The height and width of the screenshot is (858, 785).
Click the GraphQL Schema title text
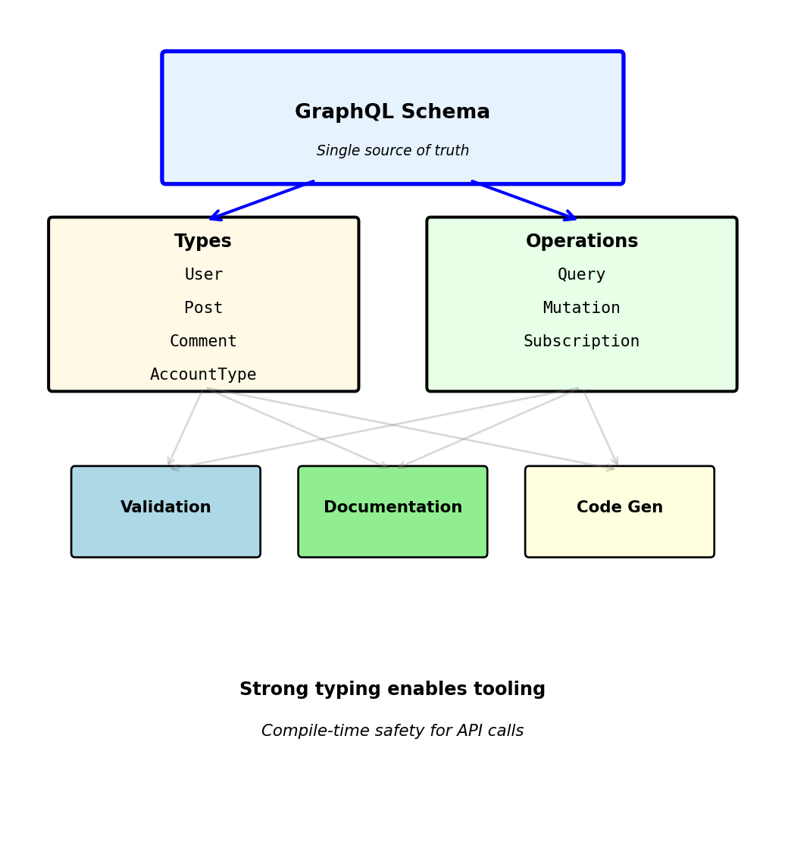pyautogui.click(x=392, y=112)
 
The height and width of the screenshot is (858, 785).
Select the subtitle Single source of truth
pyautogui.click(x=392, y=151)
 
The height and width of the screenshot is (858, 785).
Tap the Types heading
pyautogui.click(x=203, y=242)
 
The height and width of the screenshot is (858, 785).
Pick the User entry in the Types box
pyautogui.click(x=203, y=275)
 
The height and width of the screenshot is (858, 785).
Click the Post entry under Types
pyautogui.click(x=203, y=308)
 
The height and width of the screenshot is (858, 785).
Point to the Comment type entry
pyautogui.click(x=203, y=342)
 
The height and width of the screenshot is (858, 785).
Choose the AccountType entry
pyautogui.click(x=203, y=375)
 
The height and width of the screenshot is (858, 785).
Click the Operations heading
pyautogui.click(x=582, y=242)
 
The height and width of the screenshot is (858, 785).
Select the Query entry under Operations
pyautogui.click(x=582, y=275)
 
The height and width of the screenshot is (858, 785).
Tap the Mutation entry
pyautogui.click(x=582, y=308)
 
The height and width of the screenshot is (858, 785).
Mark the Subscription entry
pyautogui.click(x=582, y=342)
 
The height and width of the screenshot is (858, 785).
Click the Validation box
pyautogui.click(x=166, y=512)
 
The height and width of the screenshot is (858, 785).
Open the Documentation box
pyautogui.click(x=392, y=512)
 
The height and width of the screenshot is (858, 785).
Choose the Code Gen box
pyautogui.click(x=620, y=512)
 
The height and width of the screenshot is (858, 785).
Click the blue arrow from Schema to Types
pyautogui.click(x=261, y=201)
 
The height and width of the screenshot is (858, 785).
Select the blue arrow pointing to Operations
pyautogui.click(x=524, y=201)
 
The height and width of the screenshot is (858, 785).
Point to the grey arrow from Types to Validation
pyautogui.click(x=185, y=427)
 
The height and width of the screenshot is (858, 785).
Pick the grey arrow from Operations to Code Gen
pyautogui.click(x=600, y=427)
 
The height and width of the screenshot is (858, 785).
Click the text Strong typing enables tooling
pyautogui.click(x=392, y=690)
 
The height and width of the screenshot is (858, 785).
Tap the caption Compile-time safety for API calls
pyautogui.click(x=392, y=731)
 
